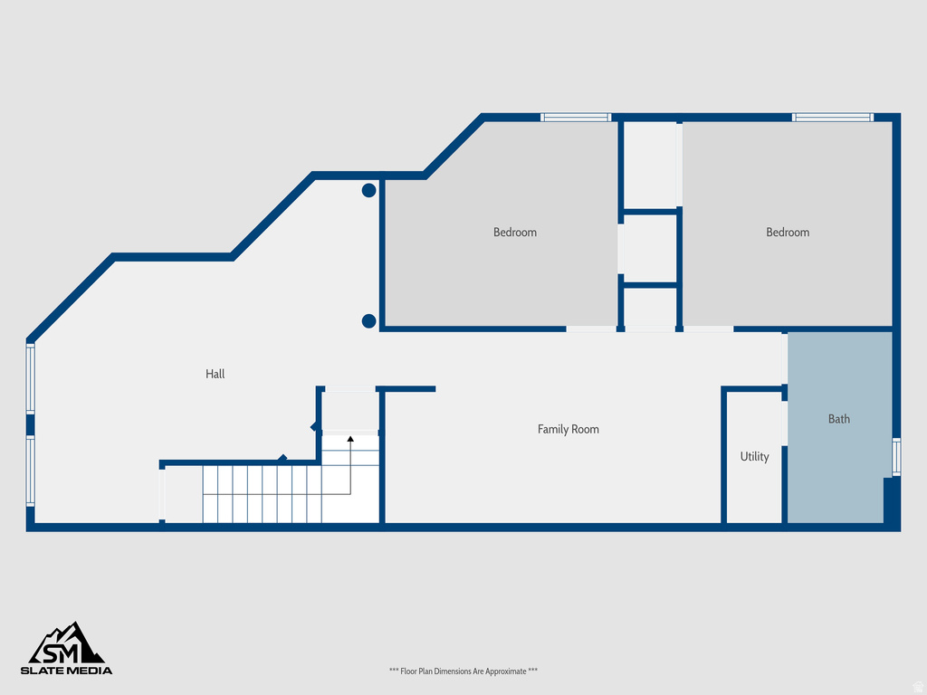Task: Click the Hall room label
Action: (x=215, y=374)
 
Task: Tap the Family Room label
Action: (x=569, y=429)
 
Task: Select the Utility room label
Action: (x=754, y=456)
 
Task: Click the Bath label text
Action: (x=839, y=419)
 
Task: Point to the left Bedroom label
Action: (x=515, y=233)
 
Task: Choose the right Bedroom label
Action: (x=788, y=233)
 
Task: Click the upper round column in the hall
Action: (x=369, y=190)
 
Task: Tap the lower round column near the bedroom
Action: (x=369, y=320)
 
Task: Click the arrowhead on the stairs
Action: (x=350, y=439)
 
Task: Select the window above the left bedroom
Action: (x=576, y=117)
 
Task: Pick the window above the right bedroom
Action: (x=832, y=117)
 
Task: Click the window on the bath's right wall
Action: (x=896, y=457)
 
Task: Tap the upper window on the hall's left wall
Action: (x=30, y=378)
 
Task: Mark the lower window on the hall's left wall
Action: (x=30, y=471)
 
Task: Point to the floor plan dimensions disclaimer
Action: (x=463, y=671)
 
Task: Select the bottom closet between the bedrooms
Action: (x=651, y=307)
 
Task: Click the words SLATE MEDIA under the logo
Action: (x=67, y=671)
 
